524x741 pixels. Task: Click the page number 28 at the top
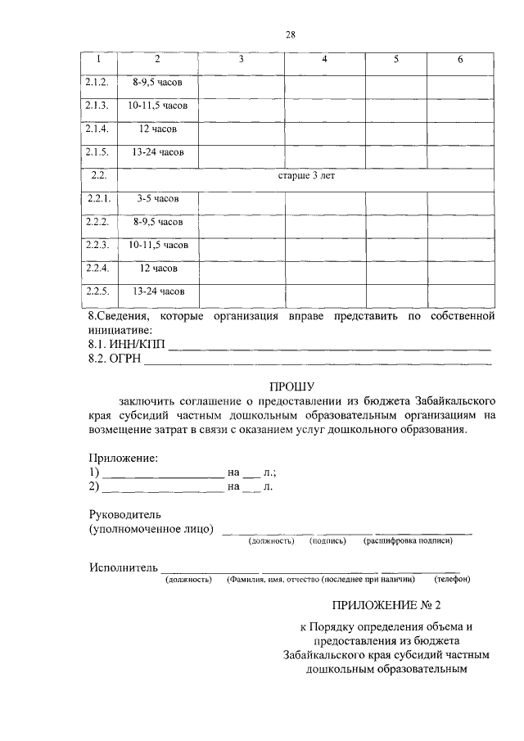click(x=290, y=34)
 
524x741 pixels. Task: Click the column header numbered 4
click(x=324, y=60)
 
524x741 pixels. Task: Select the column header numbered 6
click(x=460, y=60)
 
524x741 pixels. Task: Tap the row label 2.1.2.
click(x=97, y=84)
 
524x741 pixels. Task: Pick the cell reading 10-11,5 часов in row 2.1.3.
click(x=158, y=106)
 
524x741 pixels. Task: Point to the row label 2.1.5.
click(x=97, y=152)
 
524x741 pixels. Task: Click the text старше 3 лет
click(x=307, y=175)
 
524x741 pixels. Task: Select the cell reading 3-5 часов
click(x=158, y=199)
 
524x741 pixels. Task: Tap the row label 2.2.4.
click(x=97, y=268)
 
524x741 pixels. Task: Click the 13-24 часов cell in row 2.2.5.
click(x=158, y=291)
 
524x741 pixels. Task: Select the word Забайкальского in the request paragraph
click(x=455, y=401)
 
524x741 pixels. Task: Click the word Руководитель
click(x=125, y=515)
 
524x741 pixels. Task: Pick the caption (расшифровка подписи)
click(x=408, y=540)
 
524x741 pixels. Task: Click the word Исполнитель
click(x=123, y=568)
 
